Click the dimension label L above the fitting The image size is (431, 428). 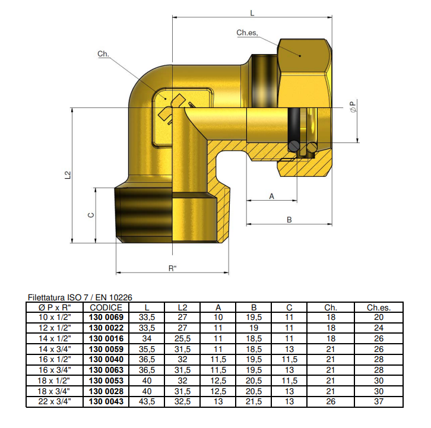tap(252, 12)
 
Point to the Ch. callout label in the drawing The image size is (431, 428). tap(103, 54)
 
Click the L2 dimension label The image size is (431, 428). tap(68, 175)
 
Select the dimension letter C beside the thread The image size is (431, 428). tap(91, 215)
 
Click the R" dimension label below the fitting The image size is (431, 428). tap(172, 268)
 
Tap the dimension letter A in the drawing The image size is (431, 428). tap(271, 195)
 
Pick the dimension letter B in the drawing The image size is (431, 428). tap(289, 220)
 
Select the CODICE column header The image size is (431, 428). tap(106, 307)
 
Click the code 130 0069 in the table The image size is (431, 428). tap(106, 318)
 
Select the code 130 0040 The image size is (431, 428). tap(106, 360)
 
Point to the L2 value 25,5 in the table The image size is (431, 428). tap(183, 338)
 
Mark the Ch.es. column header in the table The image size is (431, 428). tap(378, 307)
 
